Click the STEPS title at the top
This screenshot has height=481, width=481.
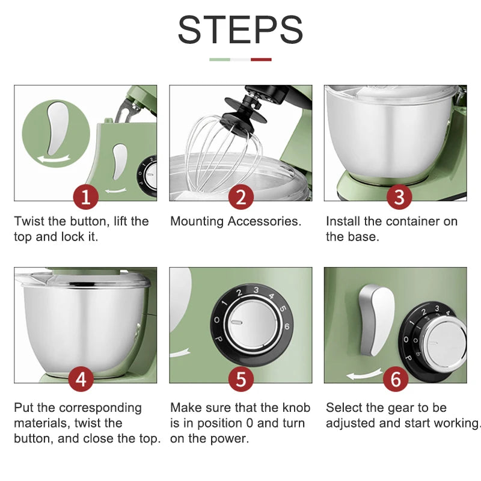[240, 29]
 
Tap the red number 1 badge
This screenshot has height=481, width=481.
[86, 197]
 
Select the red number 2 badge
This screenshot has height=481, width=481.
[241, 197]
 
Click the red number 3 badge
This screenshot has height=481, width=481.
[399, 197]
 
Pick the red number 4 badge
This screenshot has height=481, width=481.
[81, 379]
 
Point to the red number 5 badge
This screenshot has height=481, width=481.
[241, 379]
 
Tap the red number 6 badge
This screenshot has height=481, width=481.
[396, 379]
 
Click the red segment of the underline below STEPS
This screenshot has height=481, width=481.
[261, 60]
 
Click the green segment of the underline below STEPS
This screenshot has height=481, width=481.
[219, 60]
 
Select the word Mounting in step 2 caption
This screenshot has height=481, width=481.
[197, 222]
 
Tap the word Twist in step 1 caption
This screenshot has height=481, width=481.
[29, 221]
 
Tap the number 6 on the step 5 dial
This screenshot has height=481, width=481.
[287, 326]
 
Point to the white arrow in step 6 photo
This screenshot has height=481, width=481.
[364, 373]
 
